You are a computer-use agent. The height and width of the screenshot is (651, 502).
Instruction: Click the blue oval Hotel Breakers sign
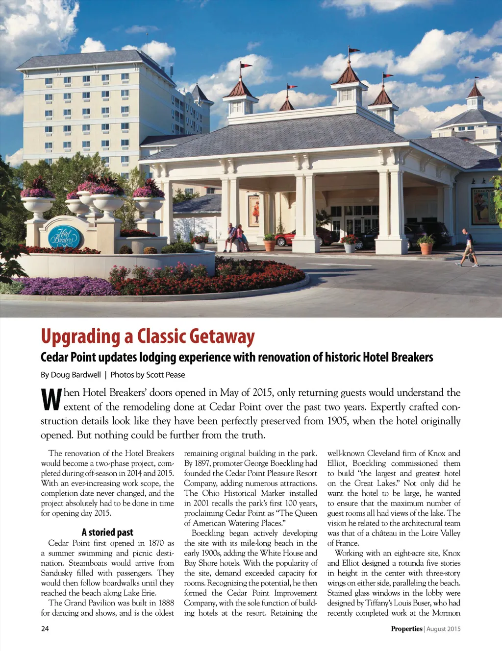tap(66, 237)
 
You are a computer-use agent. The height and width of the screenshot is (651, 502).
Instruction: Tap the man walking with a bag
tap(468, 248)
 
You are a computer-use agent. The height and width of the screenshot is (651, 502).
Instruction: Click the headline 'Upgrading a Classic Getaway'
tap(148, 337)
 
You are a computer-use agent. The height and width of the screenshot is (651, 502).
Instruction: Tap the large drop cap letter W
tap(51, 399)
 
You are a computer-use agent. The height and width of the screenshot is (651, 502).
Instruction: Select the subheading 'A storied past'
tap(107, 532)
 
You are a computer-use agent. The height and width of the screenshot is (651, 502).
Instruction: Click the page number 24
tap(45, 628)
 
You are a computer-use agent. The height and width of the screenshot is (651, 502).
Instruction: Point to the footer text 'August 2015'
tap(444, 629)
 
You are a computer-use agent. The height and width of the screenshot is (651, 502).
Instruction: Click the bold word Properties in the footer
tap(406, 628)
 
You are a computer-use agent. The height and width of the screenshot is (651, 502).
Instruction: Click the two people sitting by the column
tap(236, 237)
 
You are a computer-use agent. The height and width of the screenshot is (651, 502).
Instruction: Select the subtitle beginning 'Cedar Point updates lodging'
tap(237, 357)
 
